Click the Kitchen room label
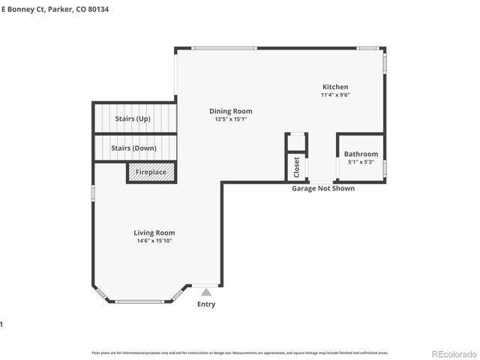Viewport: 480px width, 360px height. coord(335,87)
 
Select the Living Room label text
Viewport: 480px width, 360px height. coord(154,232)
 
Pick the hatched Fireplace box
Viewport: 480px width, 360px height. coord(151,172)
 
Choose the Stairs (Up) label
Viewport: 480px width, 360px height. coord(133,118)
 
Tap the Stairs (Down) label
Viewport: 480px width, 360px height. coord(133,148)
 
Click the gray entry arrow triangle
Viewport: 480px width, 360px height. coord(205,291)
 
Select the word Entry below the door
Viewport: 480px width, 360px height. coord(205,304)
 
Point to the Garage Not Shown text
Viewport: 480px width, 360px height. coord(323,188)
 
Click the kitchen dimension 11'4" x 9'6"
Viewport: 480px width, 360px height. coord(335,95)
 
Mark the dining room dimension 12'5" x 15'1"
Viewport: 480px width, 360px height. coord(230,119)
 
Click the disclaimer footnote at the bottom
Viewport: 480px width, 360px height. coord(240,352)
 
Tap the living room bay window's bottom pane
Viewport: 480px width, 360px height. coord(141,301)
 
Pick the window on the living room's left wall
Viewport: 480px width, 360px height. coord(93,193)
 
